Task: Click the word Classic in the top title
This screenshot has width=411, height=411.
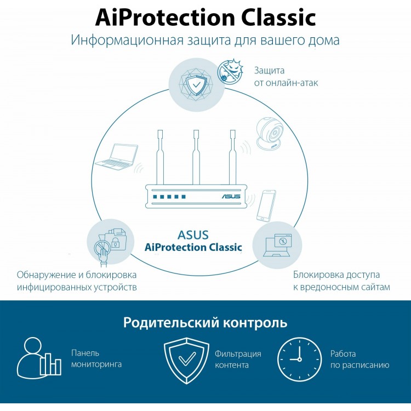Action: pyautogui.click(x=278, y=18)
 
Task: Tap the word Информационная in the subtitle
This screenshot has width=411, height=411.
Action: pyautogui.click(x=127, y=40)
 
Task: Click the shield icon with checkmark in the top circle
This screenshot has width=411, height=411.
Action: pyautogui.click(x=196, y=85)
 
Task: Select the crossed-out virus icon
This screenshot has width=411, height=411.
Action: pyautogui.click(x=230, y=71)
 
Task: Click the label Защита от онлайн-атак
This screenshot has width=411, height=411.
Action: pyautogui.click(x=286, y=77)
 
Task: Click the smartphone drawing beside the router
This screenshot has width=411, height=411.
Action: pyautogui.click(x=266, y=206)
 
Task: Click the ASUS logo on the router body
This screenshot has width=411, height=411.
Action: pyautogui.click(x=231, y=196)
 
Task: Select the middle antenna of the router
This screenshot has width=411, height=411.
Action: pyautogui.click(x=196, y=157)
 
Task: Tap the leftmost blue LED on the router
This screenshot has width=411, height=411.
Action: pyautogui.click(x=155, y=197)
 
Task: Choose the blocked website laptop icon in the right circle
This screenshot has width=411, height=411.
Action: pyautogui.click(x=277, y=245)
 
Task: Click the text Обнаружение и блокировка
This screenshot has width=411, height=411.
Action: pyautogui.click(x=77, y=275)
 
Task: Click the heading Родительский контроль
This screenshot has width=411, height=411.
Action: pyautogui.click(x=206, y=322)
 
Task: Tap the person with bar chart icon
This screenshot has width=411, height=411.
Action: pyautogui.click(x=39, y=357)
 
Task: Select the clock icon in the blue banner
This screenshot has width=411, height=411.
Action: pyautogui.click(x=299, y=359)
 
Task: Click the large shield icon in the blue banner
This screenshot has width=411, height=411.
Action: pyautogui.click(x=187, y=361)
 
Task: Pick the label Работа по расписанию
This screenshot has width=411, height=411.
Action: pyautogui.click(x=359, y=359)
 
